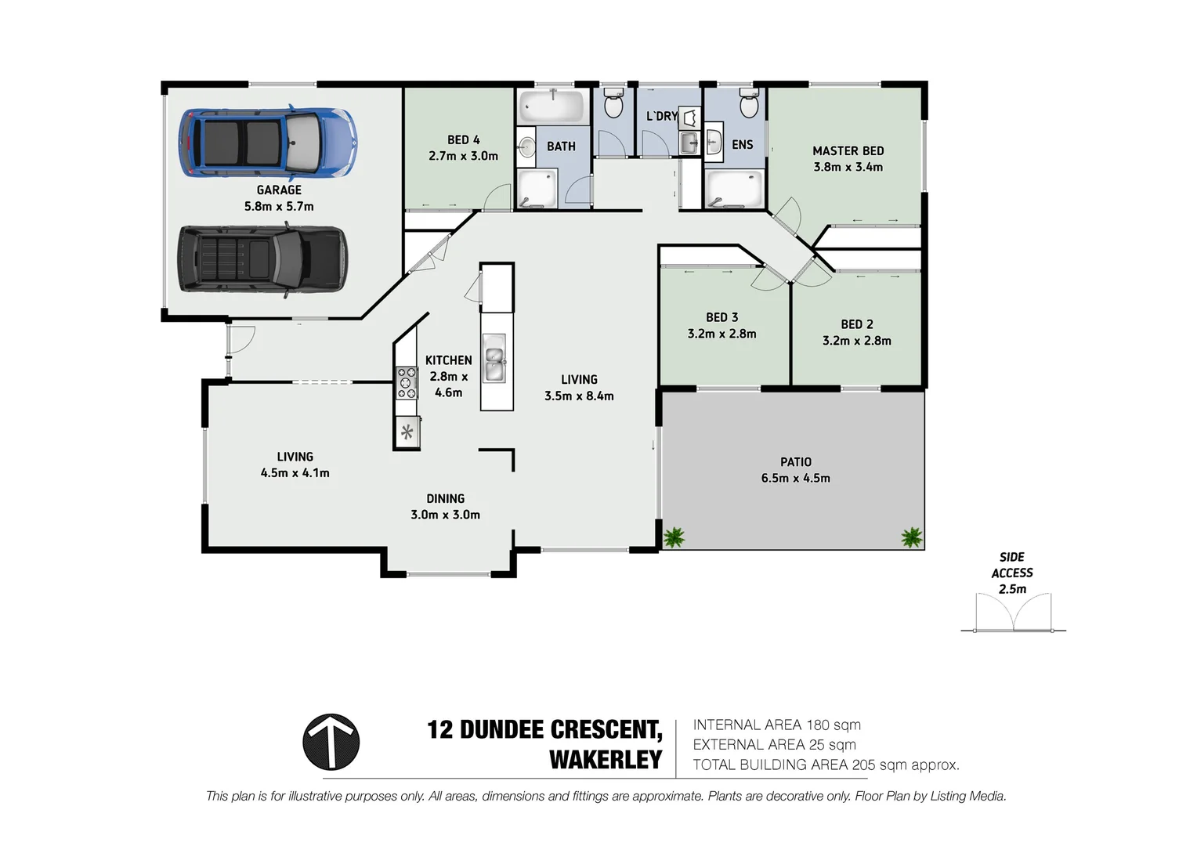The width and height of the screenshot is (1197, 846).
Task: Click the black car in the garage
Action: coord(262,259)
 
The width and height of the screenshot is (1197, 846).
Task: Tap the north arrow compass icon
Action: coord(331,742)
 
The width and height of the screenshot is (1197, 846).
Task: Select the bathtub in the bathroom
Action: coord(551,105)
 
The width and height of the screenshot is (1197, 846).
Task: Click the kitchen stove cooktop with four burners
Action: coord(407,383)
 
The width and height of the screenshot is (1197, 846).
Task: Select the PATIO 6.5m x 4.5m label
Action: coord(795,470)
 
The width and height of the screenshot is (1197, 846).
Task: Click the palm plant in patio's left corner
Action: coord(674,537)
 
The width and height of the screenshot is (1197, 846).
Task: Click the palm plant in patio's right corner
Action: coord(911,537)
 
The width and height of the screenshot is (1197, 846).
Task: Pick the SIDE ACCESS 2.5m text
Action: coord(1012,573)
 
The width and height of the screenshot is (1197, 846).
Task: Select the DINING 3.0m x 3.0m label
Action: coord(445,506)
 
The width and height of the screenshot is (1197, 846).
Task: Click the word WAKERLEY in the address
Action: coord(606,760)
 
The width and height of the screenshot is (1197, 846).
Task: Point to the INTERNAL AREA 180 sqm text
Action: coord(776,725)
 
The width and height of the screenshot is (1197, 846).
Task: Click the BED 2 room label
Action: coord(856,332)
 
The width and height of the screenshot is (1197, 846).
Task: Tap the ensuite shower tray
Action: coord(734,190)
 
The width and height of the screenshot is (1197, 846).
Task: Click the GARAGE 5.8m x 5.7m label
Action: coord(279,197)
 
